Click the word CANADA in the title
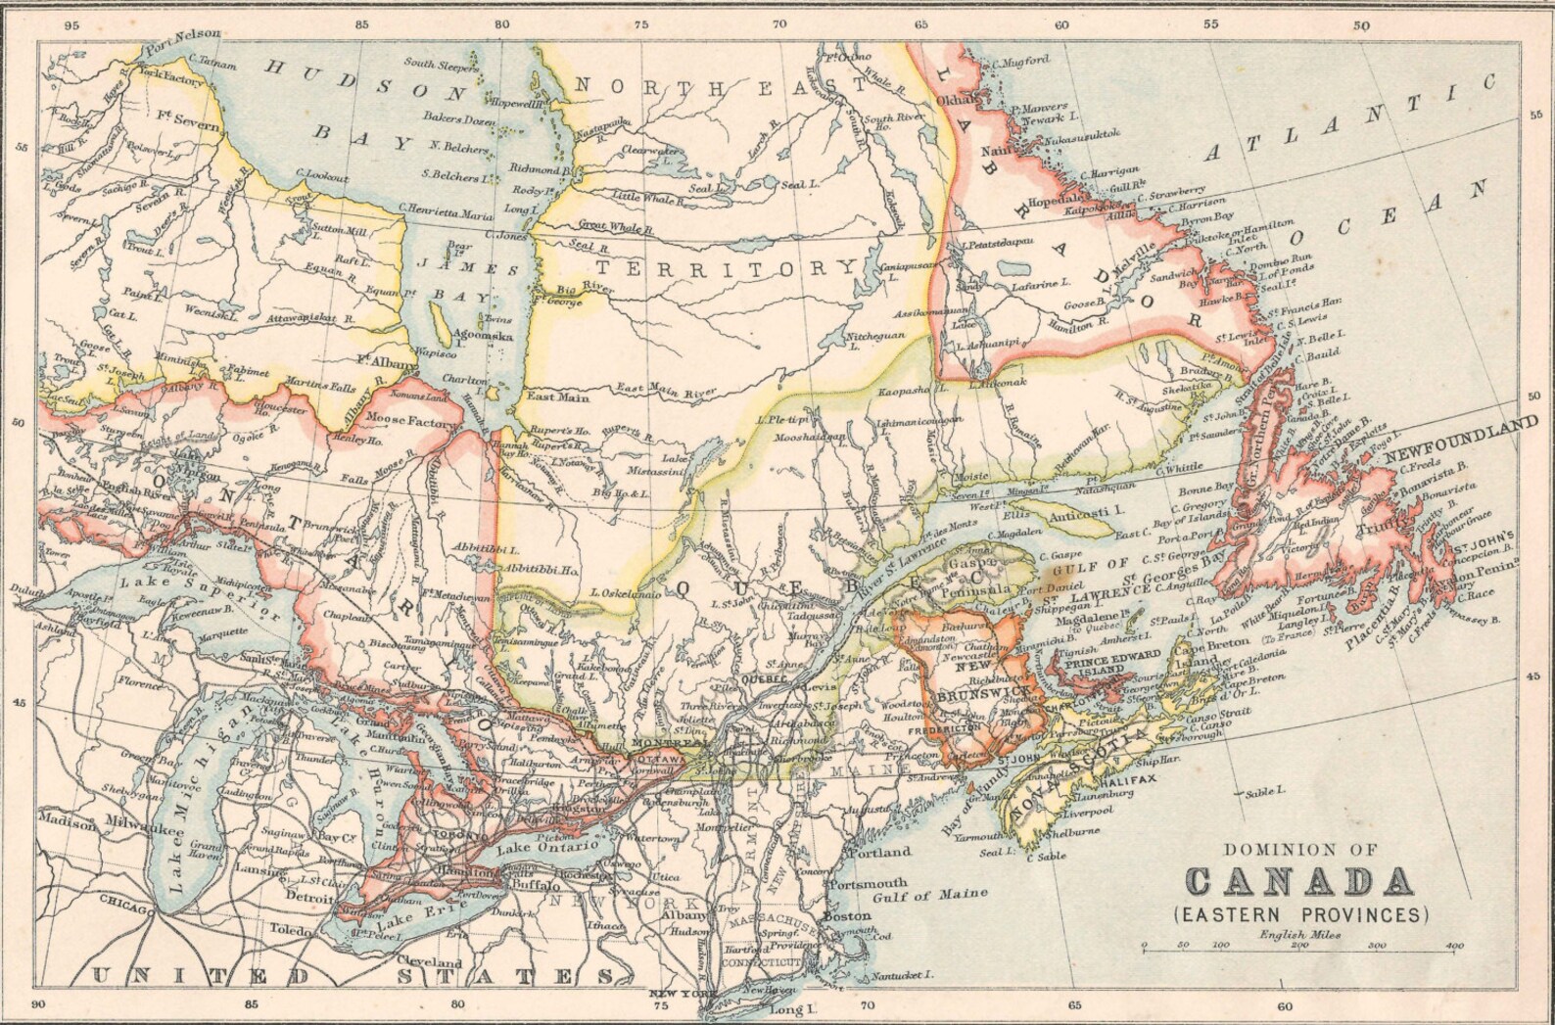point(1301,881)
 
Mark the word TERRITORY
point(727,267)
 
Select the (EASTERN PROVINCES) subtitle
point(1300,915)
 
